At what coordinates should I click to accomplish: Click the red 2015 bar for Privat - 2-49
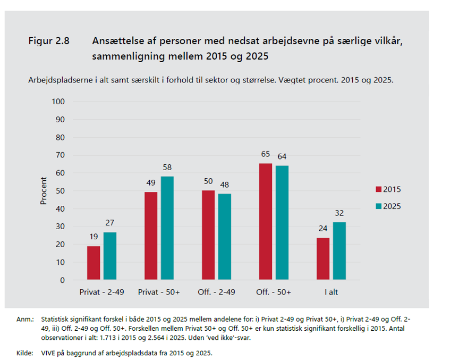(x=93, y=263)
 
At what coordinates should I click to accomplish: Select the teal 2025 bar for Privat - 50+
(x=167, y=228)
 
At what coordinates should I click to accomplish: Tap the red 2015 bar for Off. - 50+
(x=265, y=221)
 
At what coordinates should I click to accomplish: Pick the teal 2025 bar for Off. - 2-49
(x=225, y=237)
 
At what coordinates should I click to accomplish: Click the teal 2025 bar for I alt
(x=339, y=251)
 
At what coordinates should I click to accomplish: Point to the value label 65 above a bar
(x=265, y=154)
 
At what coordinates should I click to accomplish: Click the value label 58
(x=167, y=167)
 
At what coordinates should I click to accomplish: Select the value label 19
(x=93, y=237)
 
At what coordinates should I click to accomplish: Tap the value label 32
(x=339, y=213)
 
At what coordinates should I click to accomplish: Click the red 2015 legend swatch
(x=379, y=189)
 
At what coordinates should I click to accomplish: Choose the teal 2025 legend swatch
(x=379, y=206)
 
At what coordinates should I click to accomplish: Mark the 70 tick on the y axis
(x=60, y=155)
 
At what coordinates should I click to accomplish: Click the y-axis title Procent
(x=44, y=191)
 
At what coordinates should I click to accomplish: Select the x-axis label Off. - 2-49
(x=217, y=292)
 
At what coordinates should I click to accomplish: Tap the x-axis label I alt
(x=331, y=292)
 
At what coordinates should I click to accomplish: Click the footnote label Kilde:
(x=24, y=353)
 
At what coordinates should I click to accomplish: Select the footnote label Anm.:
(x=24, y=319)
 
